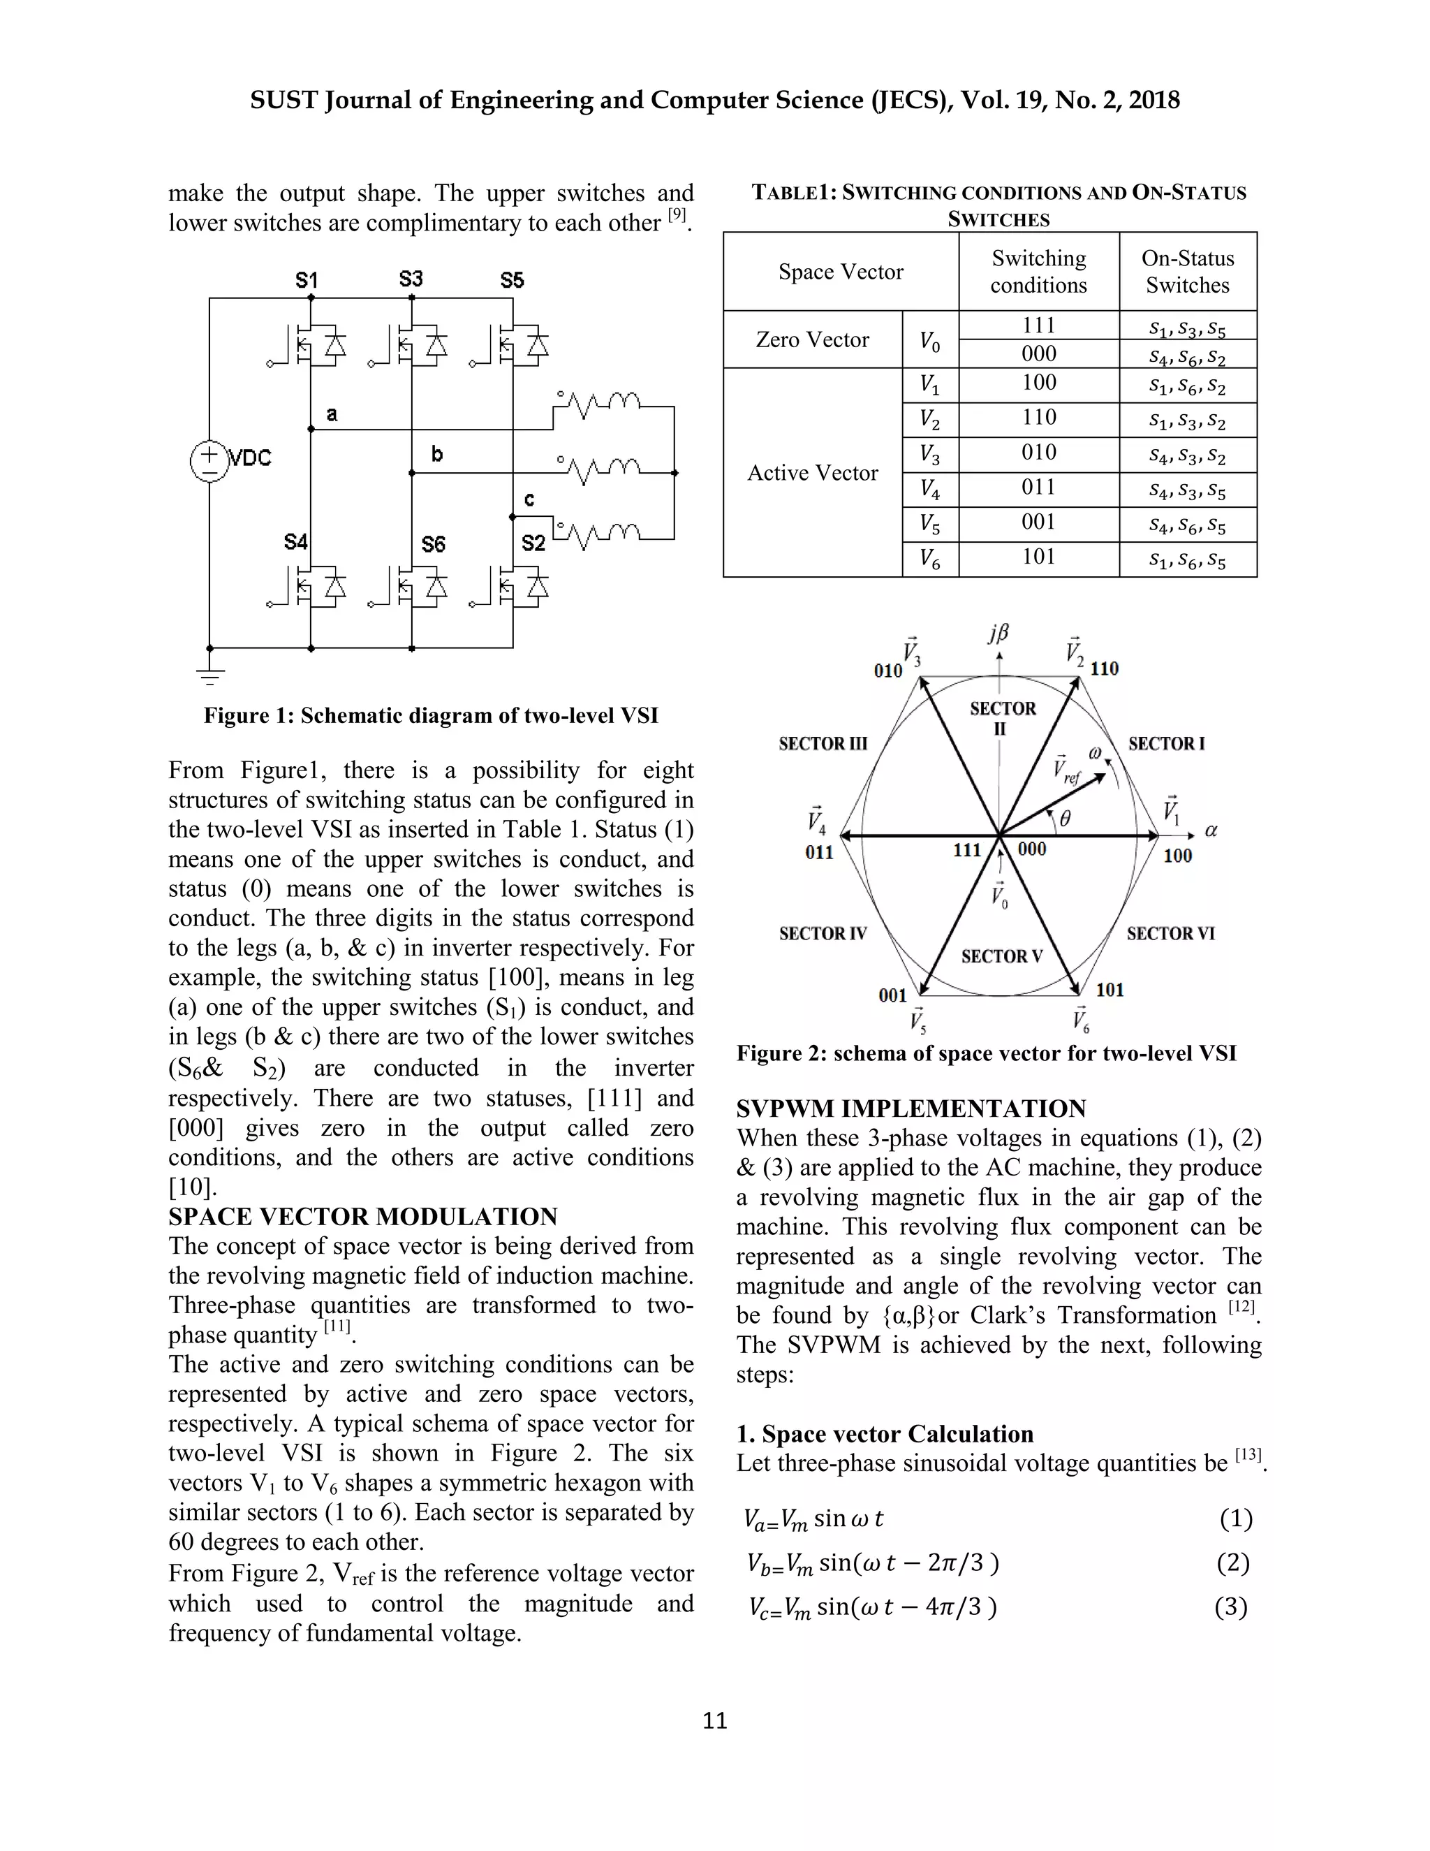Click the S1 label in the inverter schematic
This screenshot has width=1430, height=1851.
pos(306,281)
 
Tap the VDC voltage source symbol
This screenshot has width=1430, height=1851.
pos(208,460)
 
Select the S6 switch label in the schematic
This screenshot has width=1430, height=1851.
pos(433,543)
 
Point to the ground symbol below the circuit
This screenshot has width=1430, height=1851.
pos(209,675)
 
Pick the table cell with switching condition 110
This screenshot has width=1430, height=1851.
pos(1038,418)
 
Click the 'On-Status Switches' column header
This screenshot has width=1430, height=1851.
pos(1187,271)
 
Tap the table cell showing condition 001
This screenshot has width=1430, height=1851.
pos(1038,522)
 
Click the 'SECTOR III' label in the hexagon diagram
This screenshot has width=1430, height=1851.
pos(823,743)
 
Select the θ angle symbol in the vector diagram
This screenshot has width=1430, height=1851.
pos(1065,818)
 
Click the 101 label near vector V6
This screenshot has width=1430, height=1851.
pos(1110,989)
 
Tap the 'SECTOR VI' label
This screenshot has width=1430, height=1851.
pos(1170,933)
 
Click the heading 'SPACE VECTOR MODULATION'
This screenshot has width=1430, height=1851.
pos(362,1216)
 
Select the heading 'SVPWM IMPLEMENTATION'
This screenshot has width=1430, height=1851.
pos(911,1109)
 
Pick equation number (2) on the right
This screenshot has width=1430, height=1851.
pos(1232,1563)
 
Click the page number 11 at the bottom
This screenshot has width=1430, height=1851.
pos(715,1720)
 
